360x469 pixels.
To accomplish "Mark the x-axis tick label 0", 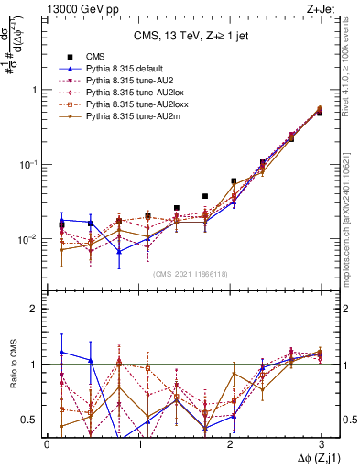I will (47, 442).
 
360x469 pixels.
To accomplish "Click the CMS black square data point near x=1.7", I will (205, 196).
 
